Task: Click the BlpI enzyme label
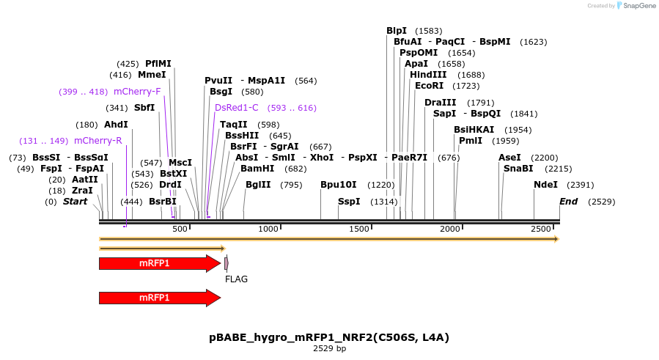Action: (397, 31)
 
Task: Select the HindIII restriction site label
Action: (427, 75)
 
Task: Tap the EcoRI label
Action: (430, 86)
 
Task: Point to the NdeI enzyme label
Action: (545, 185)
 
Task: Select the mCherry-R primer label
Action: (97, 141)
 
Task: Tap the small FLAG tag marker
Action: (227, 263)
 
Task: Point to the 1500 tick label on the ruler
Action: (359, 229)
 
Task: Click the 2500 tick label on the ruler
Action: (541, 229)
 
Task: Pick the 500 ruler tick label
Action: (180, 229)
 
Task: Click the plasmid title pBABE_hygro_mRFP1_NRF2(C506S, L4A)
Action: (329, 337)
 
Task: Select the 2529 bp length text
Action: (329, 349)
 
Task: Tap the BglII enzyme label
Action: (258, 185)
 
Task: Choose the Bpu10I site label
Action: (339, 185)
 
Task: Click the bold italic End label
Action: (568, 202)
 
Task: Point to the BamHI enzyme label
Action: (257, 169)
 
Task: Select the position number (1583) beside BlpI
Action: (428, 31)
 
